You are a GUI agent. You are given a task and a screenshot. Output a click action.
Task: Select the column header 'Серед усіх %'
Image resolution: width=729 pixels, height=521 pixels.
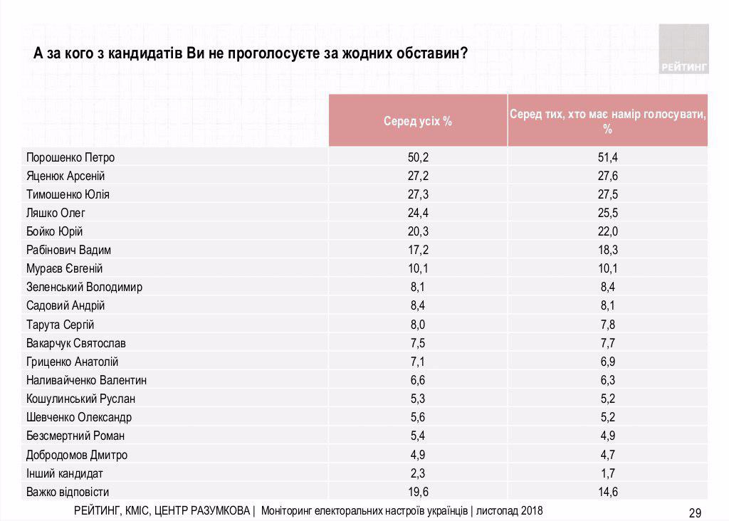pyautogui.click(x=418, y=121)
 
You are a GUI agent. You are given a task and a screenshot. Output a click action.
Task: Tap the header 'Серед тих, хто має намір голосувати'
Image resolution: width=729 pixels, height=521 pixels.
pyautogui.click(x=607, y=121)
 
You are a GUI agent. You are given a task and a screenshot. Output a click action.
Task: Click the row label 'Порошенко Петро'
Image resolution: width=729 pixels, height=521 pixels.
pyautogui.click(x=70, y=157)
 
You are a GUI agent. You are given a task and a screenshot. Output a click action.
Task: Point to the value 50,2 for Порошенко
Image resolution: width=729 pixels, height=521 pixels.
pyautogui.click(x=418, y=157)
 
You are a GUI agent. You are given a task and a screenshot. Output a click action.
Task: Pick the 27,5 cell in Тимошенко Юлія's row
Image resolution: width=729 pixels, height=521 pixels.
pyautogui.click(x=607, y=194)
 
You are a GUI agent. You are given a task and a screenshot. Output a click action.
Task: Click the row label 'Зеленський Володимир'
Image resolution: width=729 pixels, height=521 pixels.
pyautogui.click(x=84, y=288)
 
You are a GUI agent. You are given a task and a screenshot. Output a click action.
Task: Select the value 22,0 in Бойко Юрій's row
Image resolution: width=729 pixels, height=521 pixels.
pyautogui.click(x=607, y=231)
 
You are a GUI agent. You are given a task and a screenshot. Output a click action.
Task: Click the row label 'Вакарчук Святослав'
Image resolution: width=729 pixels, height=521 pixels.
pyautogui.click(x=76, y=343)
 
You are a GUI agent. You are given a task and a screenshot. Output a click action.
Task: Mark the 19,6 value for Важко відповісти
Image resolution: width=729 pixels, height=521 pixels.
pyautogui.click(x=418, y=491)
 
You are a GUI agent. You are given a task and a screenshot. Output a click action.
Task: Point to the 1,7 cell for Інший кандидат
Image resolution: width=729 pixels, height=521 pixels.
pyautogui.click(x=607, y=473)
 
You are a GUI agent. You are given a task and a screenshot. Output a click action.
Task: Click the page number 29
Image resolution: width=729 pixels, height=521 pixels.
pyautogui.click(x=695, y=512)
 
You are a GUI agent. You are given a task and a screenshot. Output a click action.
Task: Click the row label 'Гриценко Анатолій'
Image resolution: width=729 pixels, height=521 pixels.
pyautogui.click(x=72, y=362)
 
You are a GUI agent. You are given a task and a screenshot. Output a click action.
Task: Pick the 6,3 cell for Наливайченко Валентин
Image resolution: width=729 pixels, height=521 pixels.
pyautogui.click(x=607, y=380)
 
